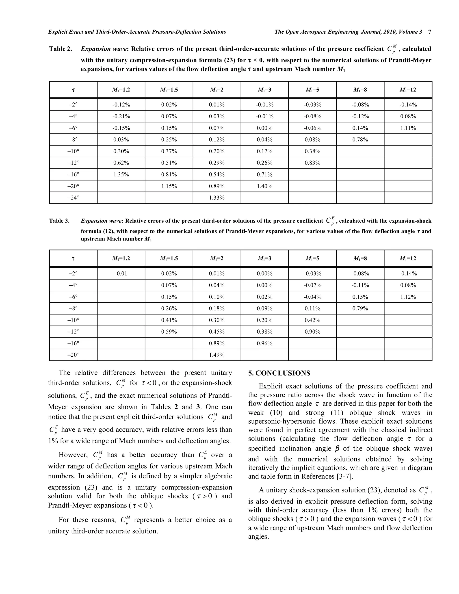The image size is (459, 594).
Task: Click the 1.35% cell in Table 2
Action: [x=121, y=175]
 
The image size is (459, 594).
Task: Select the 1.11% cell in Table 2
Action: [x=408, y=128]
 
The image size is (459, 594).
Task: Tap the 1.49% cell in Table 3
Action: [x=217, y=355]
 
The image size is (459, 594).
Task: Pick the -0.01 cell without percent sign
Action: [x=121, y=274]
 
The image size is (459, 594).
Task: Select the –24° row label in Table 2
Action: [x=73, y=198]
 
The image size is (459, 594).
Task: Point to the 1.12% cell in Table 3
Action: [x=408, y=297]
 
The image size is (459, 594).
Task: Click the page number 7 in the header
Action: [x=430, y=32]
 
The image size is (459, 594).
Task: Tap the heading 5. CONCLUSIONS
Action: [x=279, y=373]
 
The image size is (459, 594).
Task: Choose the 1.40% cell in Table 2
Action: [x=265, y=186]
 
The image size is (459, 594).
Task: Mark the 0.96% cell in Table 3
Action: [x=265, y=343]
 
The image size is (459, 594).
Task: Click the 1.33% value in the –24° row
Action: [x=217, y=198]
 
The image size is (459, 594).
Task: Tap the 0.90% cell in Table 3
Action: [x=312, y=332]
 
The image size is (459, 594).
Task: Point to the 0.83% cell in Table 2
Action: [x=312, y=163]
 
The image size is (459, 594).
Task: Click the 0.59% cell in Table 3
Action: [x=169, y=332]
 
